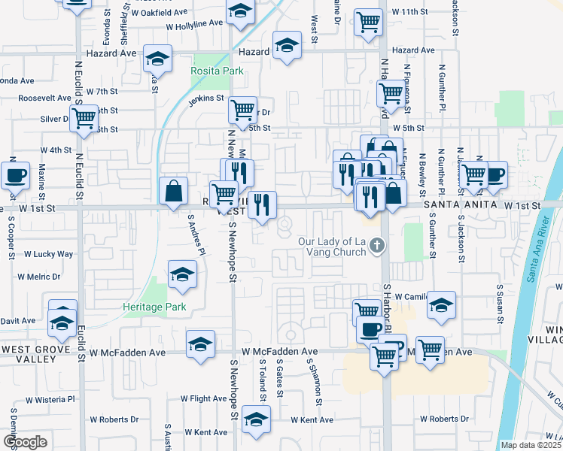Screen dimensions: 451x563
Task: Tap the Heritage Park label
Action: (154, 307)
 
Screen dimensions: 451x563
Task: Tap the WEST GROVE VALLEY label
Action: (29, 355)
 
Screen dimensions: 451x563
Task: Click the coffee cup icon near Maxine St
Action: (15, 176)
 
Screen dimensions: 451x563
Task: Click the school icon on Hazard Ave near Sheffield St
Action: (157, 59)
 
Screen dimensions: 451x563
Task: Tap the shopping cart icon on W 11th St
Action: (369, 22)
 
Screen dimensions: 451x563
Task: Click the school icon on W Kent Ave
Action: (256, 422)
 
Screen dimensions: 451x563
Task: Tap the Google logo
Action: (25, 442)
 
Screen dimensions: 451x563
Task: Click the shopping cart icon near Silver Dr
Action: (84, 118)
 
